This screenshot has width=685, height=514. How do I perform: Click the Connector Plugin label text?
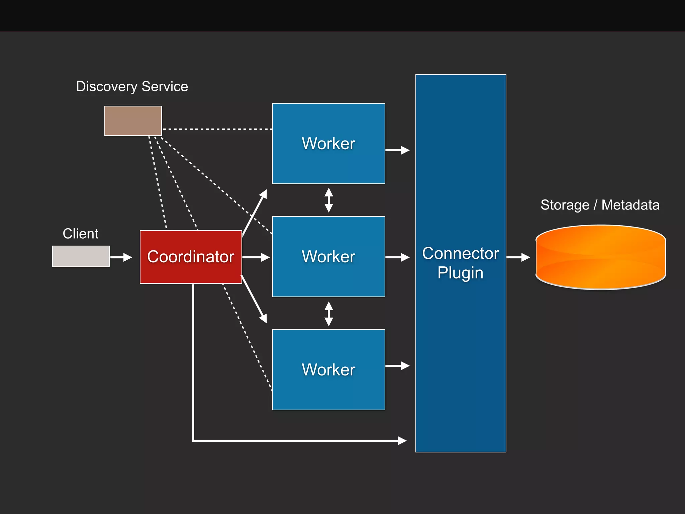461,263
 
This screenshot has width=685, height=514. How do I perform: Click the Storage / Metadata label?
600,205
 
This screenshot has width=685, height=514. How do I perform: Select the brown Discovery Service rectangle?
133,121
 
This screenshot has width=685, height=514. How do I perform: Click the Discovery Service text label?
132,87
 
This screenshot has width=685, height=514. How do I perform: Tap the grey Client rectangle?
81,256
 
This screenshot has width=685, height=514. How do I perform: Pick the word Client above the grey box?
81,234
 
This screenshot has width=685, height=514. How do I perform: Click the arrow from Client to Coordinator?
121,257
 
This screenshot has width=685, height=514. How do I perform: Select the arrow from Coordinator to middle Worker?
256,257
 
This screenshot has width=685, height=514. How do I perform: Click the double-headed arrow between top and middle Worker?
329,200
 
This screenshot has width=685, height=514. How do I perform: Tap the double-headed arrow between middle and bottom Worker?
329,314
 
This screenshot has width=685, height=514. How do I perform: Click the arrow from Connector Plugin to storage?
518,257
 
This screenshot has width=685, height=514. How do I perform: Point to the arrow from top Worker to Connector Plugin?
397,150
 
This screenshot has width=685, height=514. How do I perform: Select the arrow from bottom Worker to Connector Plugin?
397,366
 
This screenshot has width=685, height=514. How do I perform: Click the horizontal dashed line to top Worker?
217,129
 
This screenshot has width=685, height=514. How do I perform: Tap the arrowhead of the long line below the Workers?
402,440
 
